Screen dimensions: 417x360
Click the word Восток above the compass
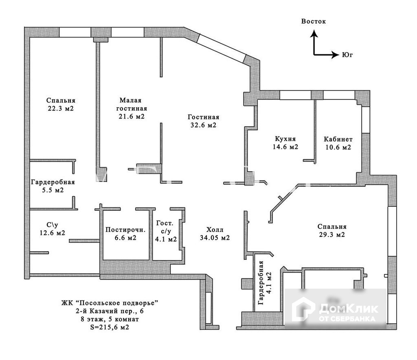pyautogui.click(x=313, y=21)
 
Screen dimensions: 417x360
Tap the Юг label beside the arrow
pyautogui.click(x=347, y=55)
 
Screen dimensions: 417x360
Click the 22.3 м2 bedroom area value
pyautogui.click(x=61, y=108)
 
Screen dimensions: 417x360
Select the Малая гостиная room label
pyautogui.click(x=132, y=104)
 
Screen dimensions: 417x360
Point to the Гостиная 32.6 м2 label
pyautogui.click(x=204, y=121)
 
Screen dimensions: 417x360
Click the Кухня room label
pyautogui.click(x=285, y=139)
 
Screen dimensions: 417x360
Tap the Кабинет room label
pyautogui.click(x=338, y=139)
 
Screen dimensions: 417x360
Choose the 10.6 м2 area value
pyautogui.click(x=338, y=147)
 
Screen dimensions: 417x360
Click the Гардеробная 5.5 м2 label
pyautogui.click(x=53, y=186)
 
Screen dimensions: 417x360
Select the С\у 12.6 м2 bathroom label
pyautogui.click(x=53, y=229)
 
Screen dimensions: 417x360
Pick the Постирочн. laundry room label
pyautogui.click(x=125, y=230)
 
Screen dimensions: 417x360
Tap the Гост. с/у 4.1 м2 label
pyautogui.click(x=166, y=231)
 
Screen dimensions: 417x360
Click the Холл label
pyautogui.click(x=215, y=230)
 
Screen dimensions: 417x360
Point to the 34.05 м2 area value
pyautogui.click(x=215, y=238)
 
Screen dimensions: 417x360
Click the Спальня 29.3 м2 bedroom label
pyautogui.click(x=332, y=230)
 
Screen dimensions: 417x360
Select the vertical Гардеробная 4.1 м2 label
pyautogui.click(x=265, y=283)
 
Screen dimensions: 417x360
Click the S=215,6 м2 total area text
pyautogui.click(x=110, y=327)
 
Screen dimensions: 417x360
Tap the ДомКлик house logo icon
pyautogui.click(x=303, y=309)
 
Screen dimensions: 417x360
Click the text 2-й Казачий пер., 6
pyautogui.click(x=110, y=311)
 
